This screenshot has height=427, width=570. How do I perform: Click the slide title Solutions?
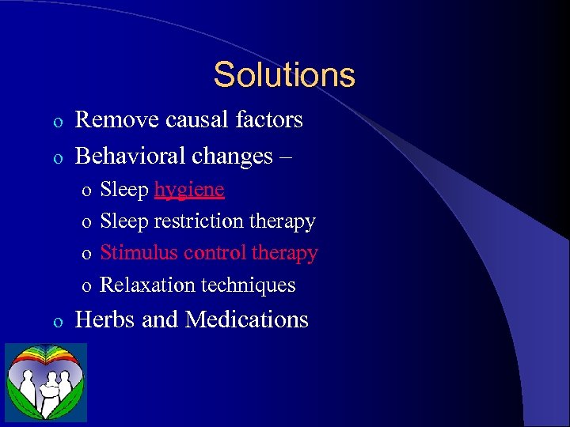(x=284, y=75)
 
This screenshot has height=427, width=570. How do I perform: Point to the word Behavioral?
(x=128, y=156)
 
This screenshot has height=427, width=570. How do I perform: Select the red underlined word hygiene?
(x=189, y=191)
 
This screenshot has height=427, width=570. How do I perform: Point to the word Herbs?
(x=101, y=319)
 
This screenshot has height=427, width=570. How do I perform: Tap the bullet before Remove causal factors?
(x=56, y=122)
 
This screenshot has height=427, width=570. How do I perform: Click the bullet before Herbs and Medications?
(x=56, y=321)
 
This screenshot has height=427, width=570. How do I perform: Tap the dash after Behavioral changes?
(x=285, y=157)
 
